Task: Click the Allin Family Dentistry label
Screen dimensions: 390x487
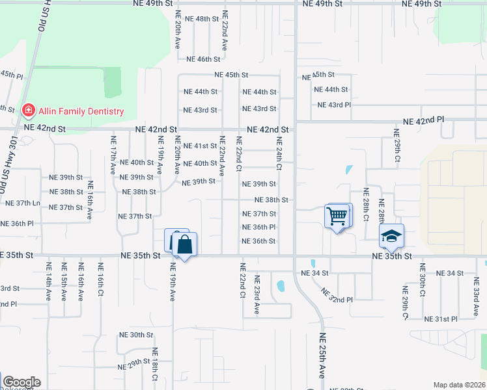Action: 81,111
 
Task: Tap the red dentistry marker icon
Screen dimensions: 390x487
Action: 28,111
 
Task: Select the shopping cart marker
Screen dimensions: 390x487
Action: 337,216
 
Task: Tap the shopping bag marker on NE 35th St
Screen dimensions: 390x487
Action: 184,246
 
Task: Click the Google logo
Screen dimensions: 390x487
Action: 21,382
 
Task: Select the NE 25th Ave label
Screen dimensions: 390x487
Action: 322,357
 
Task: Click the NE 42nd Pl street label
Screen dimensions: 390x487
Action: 423,121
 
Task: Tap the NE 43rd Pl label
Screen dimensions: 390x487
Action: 334,105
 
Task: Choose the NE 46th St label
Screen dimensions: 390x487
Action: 203,59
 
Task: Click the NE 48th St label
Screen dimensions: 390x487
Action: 202,19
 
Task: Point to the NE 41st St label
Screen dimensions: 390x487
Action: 200,146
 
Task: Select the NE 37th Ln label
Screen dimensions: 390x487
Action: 23,203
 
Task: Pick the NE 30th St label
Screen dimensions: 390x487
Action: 135,335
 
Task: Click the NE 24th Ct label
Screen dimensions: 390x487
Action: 279,153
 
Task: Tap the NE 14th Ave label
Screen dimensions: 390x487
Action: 49,281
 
